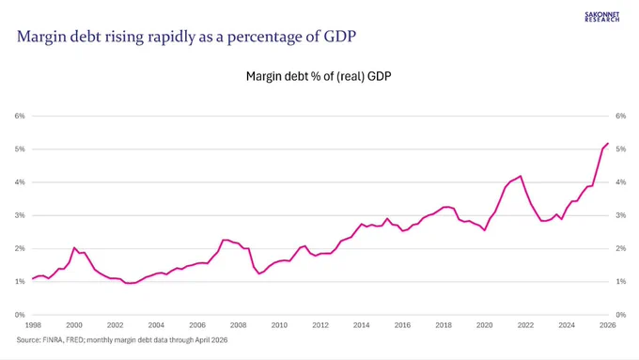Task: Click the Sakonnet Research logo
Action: [x=602, y=17]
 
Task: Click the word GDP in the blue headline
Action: [x=340, y=37]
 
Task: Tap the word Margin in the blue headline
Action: [x=39, y=37]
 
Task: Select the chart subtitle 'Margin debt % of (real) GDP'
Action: [x=319, y=76]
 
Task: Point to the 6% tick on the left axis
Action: [x=20, y=116]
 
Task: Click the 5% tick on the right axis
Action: [x=620, y=149]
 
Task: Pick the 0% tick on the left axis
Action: [x=20, y=315]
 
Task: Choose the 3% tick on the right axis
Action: [x=620, y=215]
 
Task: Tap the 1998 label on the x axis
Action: [x=33, y=325]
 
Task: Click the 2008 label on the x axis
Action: [x=238, y=325]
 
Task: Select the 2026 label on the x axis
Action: [x=608, y=325]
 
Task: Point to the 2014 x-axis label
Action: [x=361, y=325]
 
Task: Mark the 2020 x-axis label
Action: [x=485, y=325]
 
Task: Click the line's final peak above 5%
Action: [x=608, y=143]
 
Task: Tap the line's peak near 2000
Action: [x=74, y=247]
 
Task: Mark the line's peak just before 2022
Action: [x=520, y=176]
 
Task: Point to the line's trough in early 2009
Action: [x=258, y=274]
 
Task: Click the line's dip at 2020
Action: [x=485, y=230]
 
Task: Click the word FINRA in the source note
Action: [x=53, y=339]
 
